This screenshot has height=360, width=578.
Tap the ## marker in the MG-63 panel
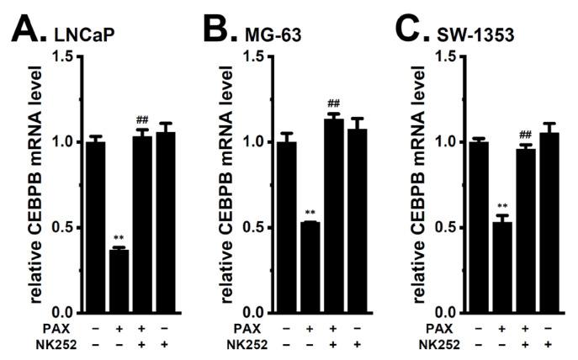click(335, 105)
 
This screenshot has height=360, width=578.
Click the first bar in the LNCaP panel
click(95, 227)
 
